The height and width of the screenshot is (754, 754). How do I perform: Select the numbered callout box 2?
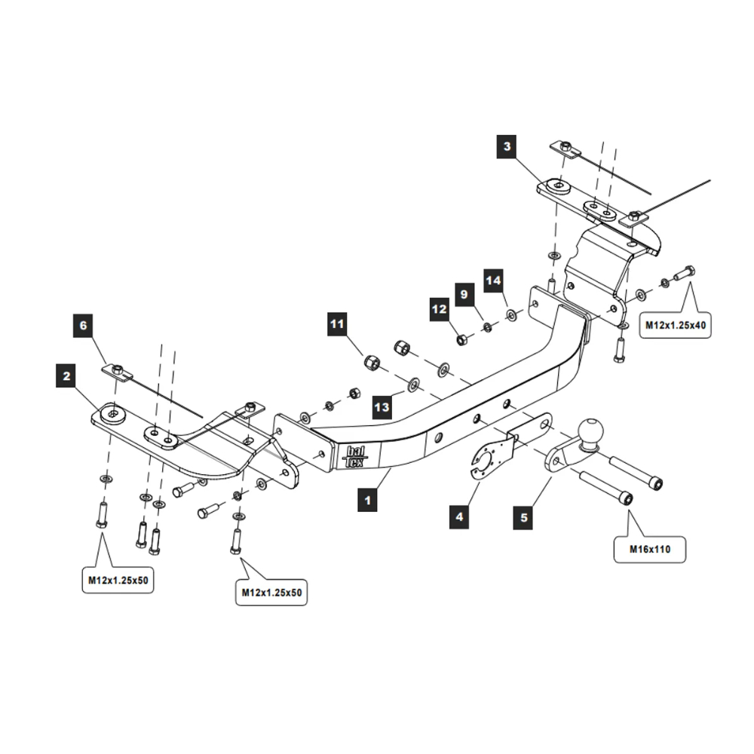tap(67, 375)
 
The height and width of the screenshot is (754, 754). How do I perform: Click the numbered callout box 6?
tap(84, 326)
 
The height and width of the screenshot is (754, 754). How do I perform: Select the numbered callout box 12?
tap(440, 309)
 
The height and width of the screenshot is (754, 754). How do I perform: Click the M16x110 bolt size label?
tap(649, 550)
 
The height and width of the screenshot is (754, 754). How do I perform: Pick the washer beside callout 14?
tap(512, 314)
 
